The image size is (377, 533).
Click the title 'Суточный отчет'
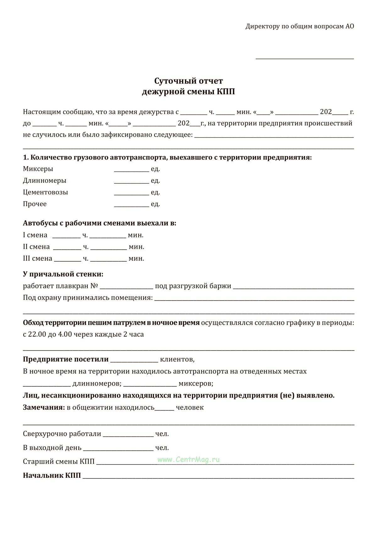pos(188,81)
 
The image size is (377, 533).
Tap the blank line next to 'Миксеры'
pos(131,170)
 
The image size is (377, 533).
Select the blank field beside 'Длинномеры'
pos(131,181)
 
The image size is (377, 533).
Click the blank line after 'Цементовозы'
pos(131,193)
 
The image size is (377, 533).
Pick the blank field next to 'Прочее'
pos(131,204)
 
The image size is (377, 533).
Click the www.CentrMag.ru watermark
pos(188,460)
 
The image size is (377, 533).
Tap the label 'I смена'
pos(35,235)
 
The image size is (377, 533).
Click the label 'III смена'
pos(37,258)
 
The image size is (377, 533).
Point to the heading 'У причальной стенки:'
pos(63,274)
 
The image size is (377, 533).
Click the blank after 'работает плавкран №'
pos(126,287)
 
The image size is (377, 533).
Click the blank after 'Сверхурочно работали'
pos(128,435)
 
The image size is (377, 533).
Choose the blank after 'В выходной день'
pos(118,449)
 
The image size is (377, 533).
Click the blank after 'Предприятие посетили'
pos(134,361)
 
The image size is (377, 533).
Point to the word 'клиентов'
pos(177,359)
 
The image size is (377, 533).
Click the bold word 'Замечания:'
pos(44,407)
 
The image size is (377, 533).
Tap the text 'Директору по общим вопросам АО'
pos(300,26)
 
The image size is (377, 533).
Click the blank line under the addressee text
pos(305,57)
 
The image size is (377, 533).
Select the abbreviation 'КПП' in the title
pos(226,92)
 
